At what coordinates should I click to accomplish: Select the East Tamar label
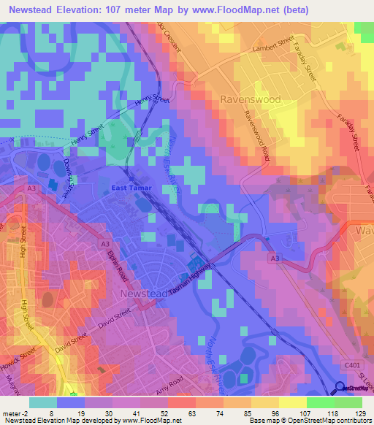click(x=132, y=188)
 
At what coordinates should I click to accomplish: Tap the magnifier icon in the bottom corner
click(x=340, y=389)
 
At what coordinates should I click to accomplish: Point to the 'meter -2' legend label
click(x=15, y=413)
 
